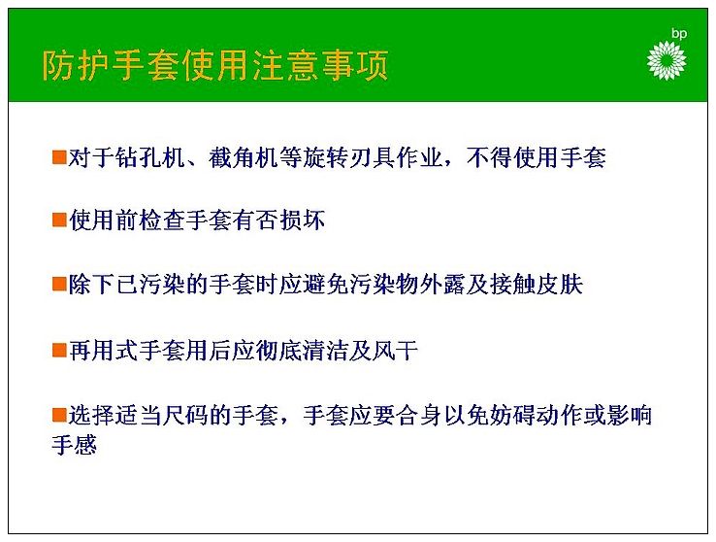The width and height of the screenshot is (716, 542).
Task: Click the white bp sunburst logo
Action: coord(667,60)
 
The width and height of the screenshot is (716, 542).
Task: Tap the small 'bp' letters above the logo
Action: coord(679,34)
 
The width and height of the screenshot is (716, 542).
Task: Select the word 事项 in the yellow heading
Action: coord(355,65)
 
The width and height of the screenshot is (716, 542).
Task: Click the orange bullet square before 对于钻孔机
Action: coord(59,156)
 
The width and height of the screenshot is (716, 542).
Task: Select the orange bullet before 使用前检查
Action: coord(59,220)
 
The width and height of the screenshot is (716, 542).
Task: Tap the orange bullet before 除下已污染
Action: coord(59,284)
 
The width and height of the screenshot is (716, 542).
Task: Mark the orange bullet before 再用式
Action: coord(59,350)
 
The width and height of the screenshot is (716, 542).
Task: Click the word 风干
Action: coord(396,351)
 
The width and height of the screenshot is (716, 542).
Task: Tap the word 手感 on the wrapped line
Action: coord(75,445)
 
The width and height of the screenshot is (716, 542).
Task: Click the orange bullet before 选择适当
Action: coord(59,415)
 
